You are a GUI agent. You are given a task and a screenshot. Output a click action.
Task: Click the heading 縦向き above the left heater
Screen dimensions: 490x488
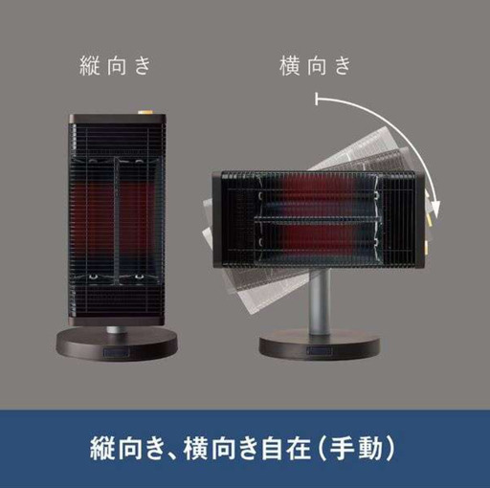(x=115, y=65)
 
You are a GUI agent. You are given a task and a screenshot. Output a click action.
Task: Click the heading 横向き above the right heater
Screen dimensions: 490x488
(x=315, y=65)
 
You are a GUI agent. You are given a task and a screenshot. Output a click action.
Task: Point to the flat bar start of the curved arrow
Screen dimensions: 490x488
(x=317, y=99)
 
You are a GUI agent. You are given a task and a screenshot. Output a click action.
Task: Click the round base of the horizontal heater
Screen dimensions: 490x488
(x=320, y=346)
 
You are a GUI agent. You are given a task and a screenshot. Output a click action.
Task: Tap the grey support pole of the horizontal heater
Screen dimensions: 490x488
(x=320, y=302)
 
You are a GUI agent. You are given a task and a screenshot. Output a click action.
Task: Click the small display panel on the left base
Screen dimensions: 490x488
(x=117, y=353)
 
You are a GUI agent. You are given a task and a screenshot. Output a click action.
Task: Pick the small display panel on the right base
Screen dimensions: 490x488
(x=320, y=351)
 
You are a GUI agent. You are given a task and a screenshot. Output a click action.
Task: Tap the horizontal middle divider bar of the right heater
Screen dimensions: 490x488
(x=319, y=219)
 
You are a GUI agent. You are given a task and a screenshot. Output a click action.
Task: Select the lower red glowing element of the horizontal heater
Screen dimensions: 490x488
(x=316, y=240)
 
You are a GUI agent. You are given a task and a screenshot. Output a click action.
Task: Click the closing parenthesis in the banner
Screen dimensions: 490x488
(x=390, y=449)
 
